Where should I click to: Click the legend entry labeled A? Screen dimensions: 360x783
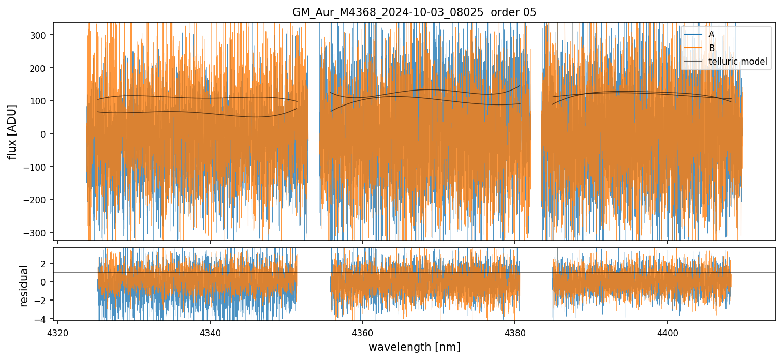tap(711, 34)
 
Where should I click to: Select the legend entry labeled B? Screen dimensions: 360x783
tap(711, 48)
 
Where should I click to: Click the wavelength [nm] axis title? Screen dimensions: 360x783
tap(414, 347)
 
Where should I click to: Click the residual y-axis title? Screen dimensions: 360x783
tap(23, 286)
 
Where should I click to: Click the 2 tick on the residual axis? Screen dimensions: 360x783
tap(44, 263)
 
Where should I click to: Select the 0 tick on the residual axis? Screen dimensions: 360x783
tap(44, 282)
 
